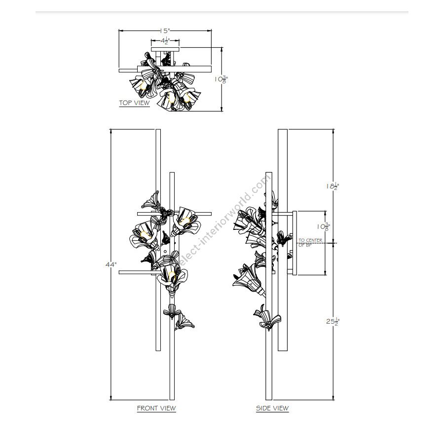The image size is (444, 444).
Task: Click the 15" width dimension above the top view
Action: pos(164,31)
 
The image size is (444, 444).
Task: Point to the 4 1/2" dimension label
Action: pos(165,41)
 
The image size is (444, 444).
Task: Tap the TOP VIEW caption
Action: pos(134,103)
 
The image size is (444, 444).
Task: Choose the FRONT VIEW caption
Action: pos(156,408)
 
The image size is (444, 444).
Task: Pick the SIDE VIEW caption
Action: pos(272,408)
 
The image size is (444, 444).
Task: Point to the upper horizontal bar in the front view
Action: pos(174,214)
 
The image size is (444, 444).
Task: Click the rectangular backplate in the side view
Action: pos(295,243)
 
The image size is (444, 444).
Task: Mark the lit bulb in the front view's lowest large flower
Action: pos(171,276)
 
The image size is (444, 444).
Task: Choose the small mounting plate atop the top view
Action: pos(165,49)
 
